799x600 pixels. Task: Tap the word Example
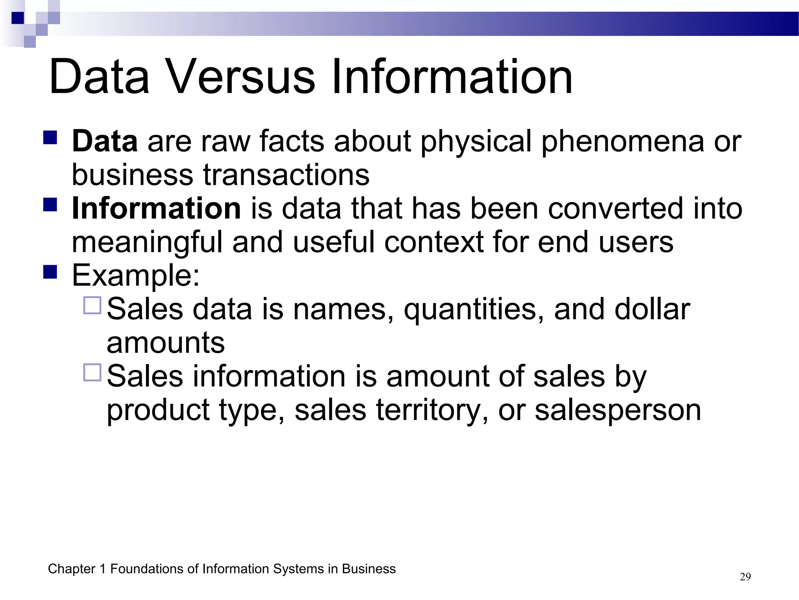click(x=135, y=275)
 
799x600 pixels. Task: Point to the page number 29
click(x=745, y=577)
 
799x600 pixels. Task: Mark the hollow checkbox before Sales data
click(x=92, y=305)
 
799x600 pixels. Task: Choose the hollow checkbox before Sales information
click(x=92, y=372)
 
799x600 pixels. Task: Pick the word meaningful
click(x=147, y=242)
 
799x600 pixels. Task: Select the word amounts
click(x=165, y=343)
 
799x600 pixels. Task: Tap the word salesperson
click(x=618, y=410)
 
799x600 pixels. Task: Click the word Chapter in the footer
click(x=71, y=569)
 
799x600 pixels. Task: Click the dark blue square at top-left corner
click(x=18, y=18)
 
